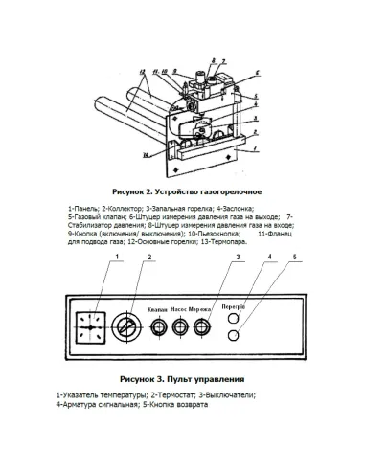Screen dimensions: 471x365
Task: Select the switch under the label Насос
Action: (180, 327)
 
